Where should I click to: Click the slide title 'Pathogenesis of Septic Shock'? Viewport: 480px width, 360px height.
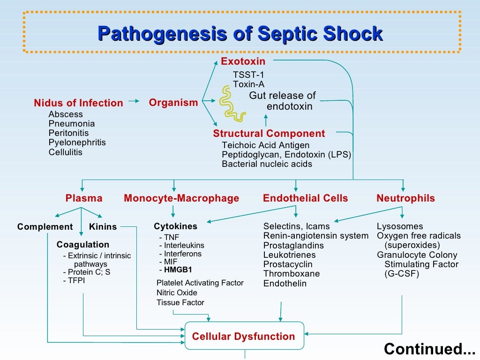pyautogui.click(x=240, y=34)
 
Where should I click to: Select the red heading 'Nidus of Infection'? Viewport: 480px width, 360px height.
pyautogui.click(x=78, y=103)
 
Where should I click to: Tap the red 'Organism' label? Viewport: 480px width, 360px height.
pyautogui.click(x=173, y=103)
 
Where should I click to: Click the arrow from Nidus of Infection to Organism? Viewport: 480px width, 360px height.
pyautogui.click(x=134, y=101)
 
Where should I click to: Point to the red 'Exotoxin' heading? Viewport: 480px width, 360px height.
pyautogui.click(x=243, y=61)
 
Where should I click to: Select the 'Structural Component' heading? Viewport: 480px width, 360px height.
pyautogui.click(x=269, y=134)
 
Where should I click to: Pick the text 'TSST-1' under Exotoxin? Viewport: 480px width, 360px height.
pyautogui.click(x=248, y=75)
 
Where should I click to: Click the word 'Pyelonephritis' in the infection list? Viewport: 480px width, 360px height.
pyautogui.click(x=77, y=142)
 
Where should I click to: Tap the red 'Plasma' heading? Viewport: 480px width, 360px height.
pyautogui.click(x=83, y=198)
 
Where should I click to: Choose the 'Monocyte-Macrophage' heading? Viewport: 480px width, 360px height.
pyautogui.click(x=181, y=198)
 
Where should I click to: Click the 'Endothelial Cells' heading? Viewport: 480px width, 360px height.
pyautogui.click(x=305, y=198)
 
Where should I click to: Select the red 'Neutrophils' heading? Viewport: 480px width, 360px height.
pyautogui.click(x=405, y=198)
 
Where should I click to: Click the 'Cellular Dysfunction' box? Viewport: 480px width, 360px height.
pyautogui.click(x=244, y=336)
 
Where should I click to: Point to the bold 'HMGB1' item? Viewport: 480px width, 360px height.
pyautogui.click(x=178, y=270)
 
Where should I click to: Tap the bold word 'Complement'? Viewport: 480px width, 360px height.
pyautogui.click(x=45, y=227)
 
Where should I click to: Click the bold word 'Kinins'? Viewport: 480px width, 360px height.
pyautogui.click(x=103, y=227)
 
